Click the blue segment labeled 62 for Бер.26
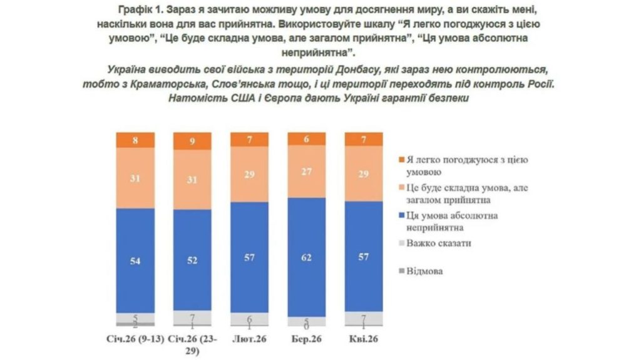(x=306, y=257)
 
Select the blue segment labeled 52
(x=192, y=260)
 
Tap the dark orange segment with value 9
(x=192, y=141)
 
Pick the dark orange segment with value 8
(x=135, y=140)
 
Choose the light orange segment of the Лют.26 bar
(x=249, y=173)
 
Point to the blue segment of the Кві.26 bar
(x=364, y=257)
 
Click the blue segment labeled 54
(x=135, y=260)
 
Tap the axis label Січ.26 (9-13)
(x=135, y=339)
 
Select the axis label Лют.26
(x=249, y=339)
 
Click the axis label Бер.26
(x=306, y=339)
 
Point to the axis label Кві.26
(x=364, y=339)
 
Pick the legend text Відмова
(x=424, y=271)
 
